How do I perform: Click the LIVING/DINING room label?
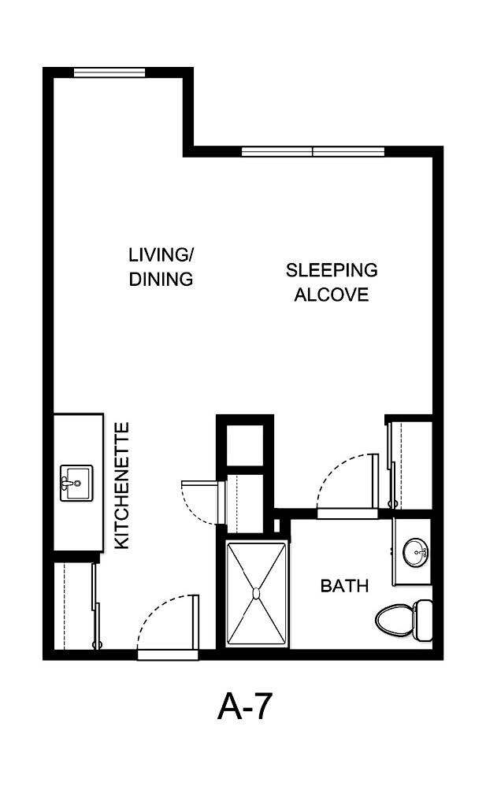161,267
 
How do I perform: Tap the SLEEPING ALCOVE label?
331,283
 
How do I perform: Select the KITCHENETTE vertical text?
122,486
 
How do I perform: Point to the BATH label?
344,586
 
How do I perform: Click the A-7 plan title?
244,707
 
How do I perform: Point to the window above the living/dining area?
109,73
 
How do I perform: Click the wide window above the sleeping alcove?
313,151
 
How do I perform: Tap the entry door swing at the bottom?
167,622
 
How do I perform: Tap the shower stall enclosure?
256,591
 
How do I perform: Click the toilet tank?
424,619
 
